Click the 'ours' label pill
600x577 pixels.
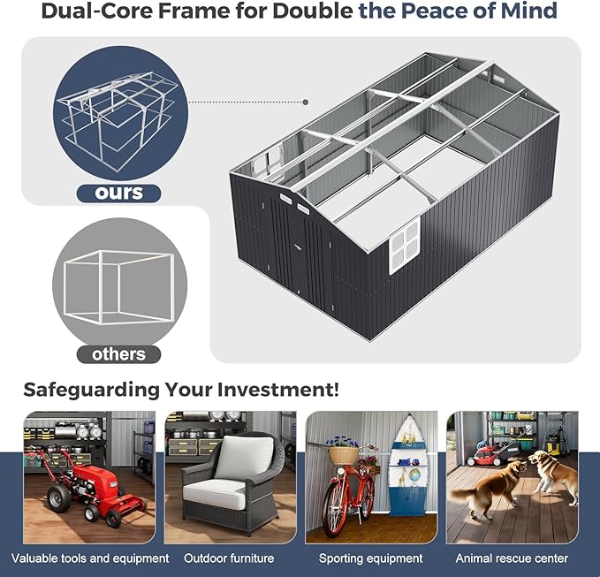click(x=118, y=193)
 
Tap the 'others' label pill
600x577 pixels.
click(x=118, y=354)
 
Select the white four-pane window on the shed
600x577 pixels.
click(x=405, y=245)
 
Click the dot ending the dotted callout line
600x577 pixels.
click(x=306, y=102)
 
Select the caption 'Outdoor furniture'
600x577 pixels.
click(x=229, y=558)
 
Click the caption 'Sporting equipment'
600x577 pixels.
click(x=371, y=558)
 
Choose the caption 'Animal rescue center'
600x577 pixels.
click(x=512, y=558)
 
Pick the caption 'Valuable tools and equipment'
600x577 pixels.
click(x=90, y=558)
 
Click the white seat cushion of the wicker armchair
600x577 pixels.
click(x=214, y=494)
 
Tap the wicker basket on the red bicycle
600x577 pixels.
click(x=343, y=455)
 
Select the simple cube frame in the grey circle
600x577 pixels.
click(x=119, y=287)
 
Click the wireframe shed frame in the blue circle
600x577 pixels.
click(x=118, y=120)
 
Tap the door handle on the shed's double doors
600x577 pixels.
click(x=297, y=247)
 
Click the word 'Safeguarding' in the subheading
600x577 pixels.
click(x=91, y=391)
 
